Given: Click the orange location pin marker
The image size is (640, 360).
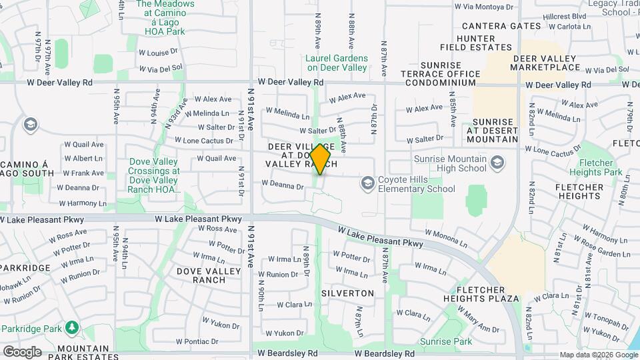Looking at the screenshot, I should coord(321,159).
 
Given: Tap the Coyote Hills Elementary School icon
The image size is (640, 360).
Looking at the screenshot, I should coord(367,183).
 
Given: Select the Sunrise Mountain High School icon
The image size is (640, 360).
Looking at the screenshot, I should coord(497,163).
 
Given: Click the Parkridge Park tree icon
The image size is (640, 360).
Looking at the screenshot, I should coord(71,328).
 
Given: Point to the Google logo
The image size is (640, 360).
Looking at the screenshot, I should coord(22,351).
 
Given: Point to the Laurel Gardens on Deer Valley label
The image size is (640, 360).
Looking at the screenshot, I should coord(337,63).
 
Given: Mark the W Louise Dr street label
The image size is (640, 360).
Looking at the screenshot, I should coord(159,52).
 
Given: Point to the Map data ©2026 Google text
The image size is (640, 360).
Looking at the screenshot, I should coord(598,355).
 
